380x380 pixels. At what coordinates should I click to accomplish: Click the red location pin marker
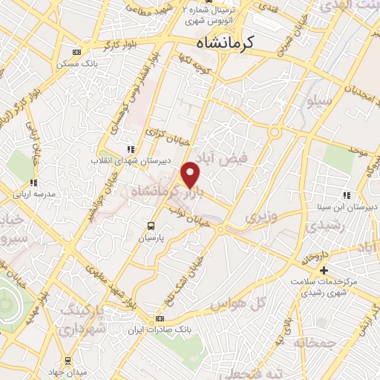point(191,174)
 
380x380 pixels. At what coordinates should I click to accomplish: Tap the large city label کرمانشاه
point(228,43)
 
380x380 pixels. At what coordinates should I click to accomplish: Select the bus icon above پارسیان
point(151,226)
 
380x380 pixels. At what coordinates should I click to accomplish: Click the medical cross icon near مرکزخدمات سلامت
point(324,269)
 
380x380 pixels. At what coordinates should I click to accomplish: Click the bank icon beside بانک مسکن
point(76,52)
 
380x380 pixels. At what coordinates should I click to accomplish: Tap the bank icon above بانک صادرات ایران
point(158,318)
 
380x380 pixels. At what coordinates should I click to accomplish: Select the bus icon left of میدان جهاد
point(68,359)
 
